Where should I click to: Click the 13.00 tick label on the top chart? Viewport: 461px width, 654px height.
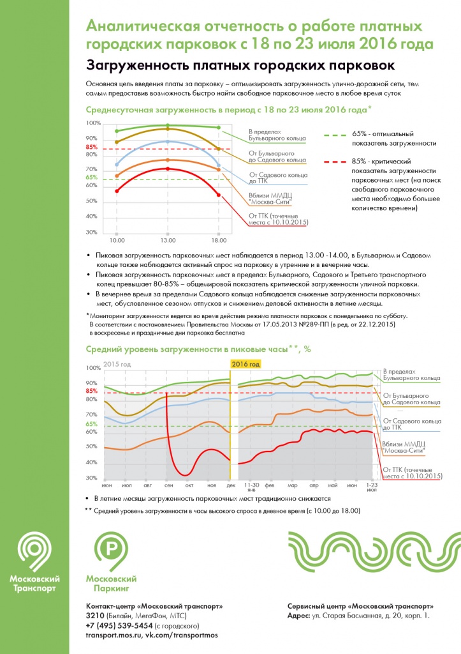(168, 241)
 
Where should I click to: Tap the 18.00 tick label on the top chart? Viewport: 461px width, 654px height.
(219, 241)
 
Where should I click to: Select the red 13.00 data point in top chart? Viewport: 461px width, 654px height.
(168, 169)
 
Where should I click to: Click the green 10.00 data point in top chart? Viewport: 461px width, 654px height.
(117, 131)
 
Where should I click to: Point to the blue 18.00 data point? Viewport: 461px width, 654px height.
(219, 165)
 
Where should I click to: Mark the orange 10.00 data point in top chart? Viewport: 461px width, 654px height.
(117, 176)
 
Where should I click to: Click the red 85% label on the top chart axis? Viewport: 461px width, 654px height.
(92, 148)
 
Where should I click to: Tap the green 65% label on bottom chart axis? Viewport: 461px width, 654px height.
(92, 424)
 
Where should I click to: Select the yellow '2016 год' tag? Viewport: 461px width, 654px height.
(245, 364)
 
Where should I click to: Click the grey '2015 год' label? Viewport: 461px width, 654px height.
(117, 364)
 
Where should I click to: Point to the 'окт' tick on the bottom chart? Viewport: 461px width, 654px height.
(189, 485)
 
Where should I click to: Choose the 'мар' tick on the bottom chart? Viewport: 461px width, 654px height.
(292, 485)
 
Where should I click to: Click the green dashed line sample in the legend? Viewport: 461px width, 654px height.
(335, 135)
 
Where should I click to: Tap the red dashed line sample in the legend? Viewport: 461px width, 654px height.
(335, 162)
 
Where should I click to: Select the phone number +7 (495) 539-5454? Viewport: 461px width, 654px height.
(119, 626)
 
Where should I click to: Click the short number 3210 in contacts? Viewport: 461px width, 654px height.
(96, 616)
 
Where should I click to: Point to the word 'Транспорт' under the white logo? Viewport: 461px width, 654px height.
(34, 589)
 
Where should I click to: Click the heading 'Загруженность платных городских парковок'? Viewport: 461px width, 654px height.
(240, 66)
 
